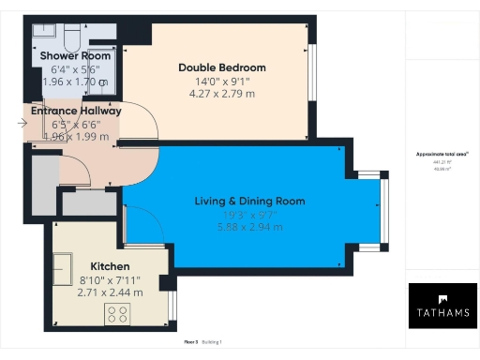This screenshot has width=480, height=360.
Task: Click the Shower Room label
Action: click(x=68, y=55)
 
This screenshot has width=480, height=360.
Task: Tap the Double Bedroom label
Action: click(x=222, y=67)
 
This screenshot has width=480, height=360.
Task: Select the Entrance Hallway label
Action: click(x=76, y=111)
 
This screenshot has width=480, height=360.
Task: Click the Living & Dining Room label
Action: click(x=249, y=201)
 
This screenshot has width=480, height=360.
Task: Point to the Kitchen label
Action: click(x=110, y=265)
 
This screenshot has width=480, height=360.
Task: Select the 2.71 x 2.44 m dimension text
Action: click(x=110, y=292)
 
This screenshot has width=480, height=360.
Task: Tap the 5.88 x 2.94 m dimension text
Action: click(x=249, y=226)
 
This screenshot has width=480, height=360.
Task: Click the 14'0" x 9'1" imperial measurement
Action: click(x=222, y=81)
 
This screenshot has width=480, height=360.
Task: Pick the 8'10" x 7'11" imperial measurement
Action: click(x=110, y=278)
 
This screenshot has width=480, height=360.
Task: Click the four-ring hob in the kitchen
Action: click(x=119, y=313)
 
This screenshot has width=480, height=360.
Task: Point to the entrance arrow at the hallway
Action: click(x=22, y=122)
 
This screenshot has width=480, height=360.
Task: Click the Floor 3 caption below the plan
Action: click(x=191, y=342)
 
